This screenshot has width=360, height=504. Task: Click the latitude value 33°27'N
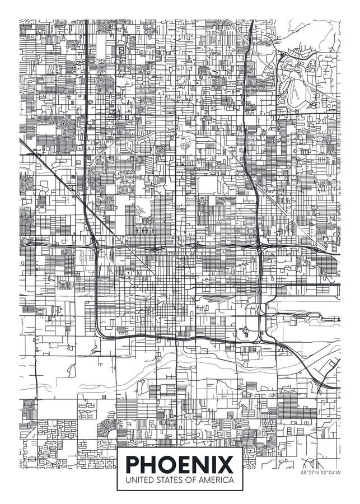point(310,473)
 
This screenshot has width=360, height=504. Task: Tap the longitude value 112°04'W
point(330,473)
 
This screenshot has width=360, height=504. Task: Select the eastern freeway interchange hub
point(258,246)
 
